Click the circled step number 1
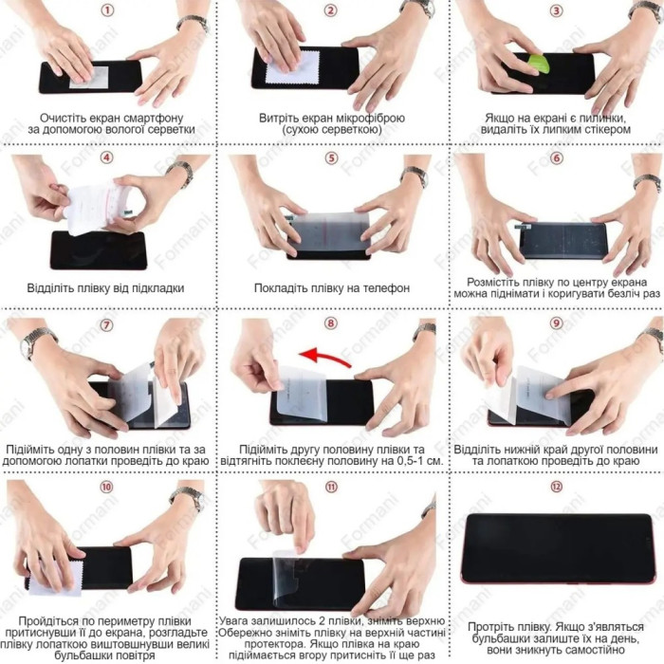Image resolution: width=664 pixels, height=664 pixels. tap(107, 10)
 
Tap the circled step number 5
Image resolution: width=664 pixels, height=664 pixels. tap(331, 158)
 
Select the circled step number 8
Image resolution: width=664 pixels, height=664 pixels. tap(331, 323)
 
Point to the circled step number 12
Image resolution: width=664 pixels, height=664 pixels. tap(556, 487)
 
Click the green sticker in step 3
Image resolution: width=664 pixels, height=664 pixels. tap(538, 64)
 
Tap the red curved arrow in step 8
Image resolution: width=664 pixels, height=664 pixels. tap(324, 357)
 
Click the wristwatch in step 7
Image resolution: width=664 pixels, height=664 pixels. tap(36, 341)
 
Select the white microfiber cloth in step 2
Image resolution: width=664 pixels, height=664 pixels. tap(292, 68)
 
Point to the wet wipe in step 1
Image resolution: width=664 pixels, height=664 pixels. tap(89, 77)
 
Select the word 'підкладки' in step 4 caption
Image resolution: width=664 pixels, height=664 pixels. tap(158, 288)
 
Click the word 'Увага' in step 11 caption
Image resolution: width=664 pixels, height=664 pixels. tap(233, 621)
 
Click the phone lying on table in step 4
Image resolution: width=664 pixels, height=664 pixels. tap(99, 250)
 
